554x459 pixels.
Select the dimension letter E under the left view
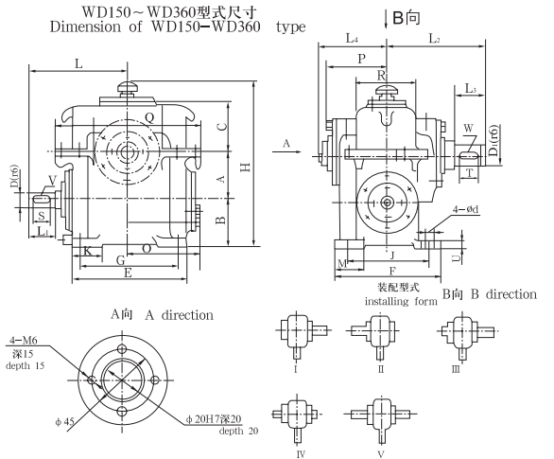point(128,273)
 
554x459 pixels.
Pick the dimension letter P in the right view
point(361,59)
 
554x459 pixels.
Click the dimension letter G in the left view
point(120,259)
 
